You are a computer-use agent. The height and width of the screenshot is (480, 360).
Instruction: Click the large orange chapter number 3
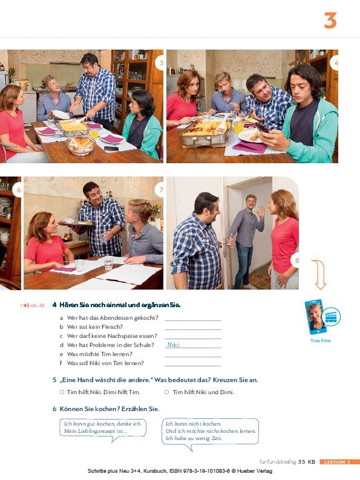[x=330, y=21]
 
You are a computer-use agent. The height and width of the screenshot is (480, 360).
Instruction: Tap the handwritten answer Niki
[x=173, y=345]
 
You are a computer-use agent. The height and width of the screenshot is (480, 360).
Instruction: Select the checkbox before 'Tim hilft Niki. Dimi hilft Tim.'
[x=62, y=392]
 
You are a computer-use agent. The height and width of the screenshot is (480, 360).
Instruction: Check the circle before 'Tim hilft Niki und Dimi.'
[x=166, y=392]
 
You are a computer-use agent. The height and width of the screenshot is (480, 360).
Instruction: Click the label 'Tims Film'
[x=320, y=340]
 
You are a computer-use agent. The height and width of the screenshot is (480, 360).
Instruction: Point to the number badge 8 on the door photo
[x=296, y=261]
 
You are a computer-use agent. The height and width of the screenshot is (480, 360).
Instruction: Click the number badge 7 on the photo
[x=160, y=190]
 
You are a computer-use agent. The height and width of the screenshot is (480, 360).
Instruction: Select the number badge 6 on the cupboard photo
[x=18, y=190]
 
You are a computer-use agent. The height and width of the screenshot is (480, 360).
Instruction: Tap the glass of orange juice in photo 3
[x=94, y=133]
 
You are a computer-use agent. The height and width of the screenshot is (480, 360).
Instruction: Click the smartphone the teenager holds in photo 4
[x=263, y=127]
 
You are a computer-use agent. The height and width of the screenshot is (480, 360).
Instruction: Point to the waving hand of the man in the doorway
[x=261, y=212]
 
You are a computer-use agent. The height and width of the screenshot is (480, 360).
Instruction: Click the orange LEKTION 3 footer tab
[x=339, y=462]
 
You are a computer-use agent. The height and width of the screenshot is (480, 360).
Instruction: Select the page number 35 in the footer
[x=302, y=462]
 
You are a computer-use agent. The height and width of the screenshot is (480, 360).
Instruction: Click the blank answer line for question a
[x=193, y=320]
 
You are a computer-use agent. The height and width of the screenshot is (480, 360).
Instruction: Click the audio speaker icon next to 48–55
[x=26, y=305]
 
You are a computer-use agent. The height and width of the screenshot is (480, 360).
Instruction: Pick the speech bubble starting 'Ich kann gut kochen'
[x=103, y=429]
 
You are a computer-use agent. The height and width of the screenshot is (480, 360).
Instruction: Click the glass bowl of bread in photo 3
[x=81, y=146]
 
